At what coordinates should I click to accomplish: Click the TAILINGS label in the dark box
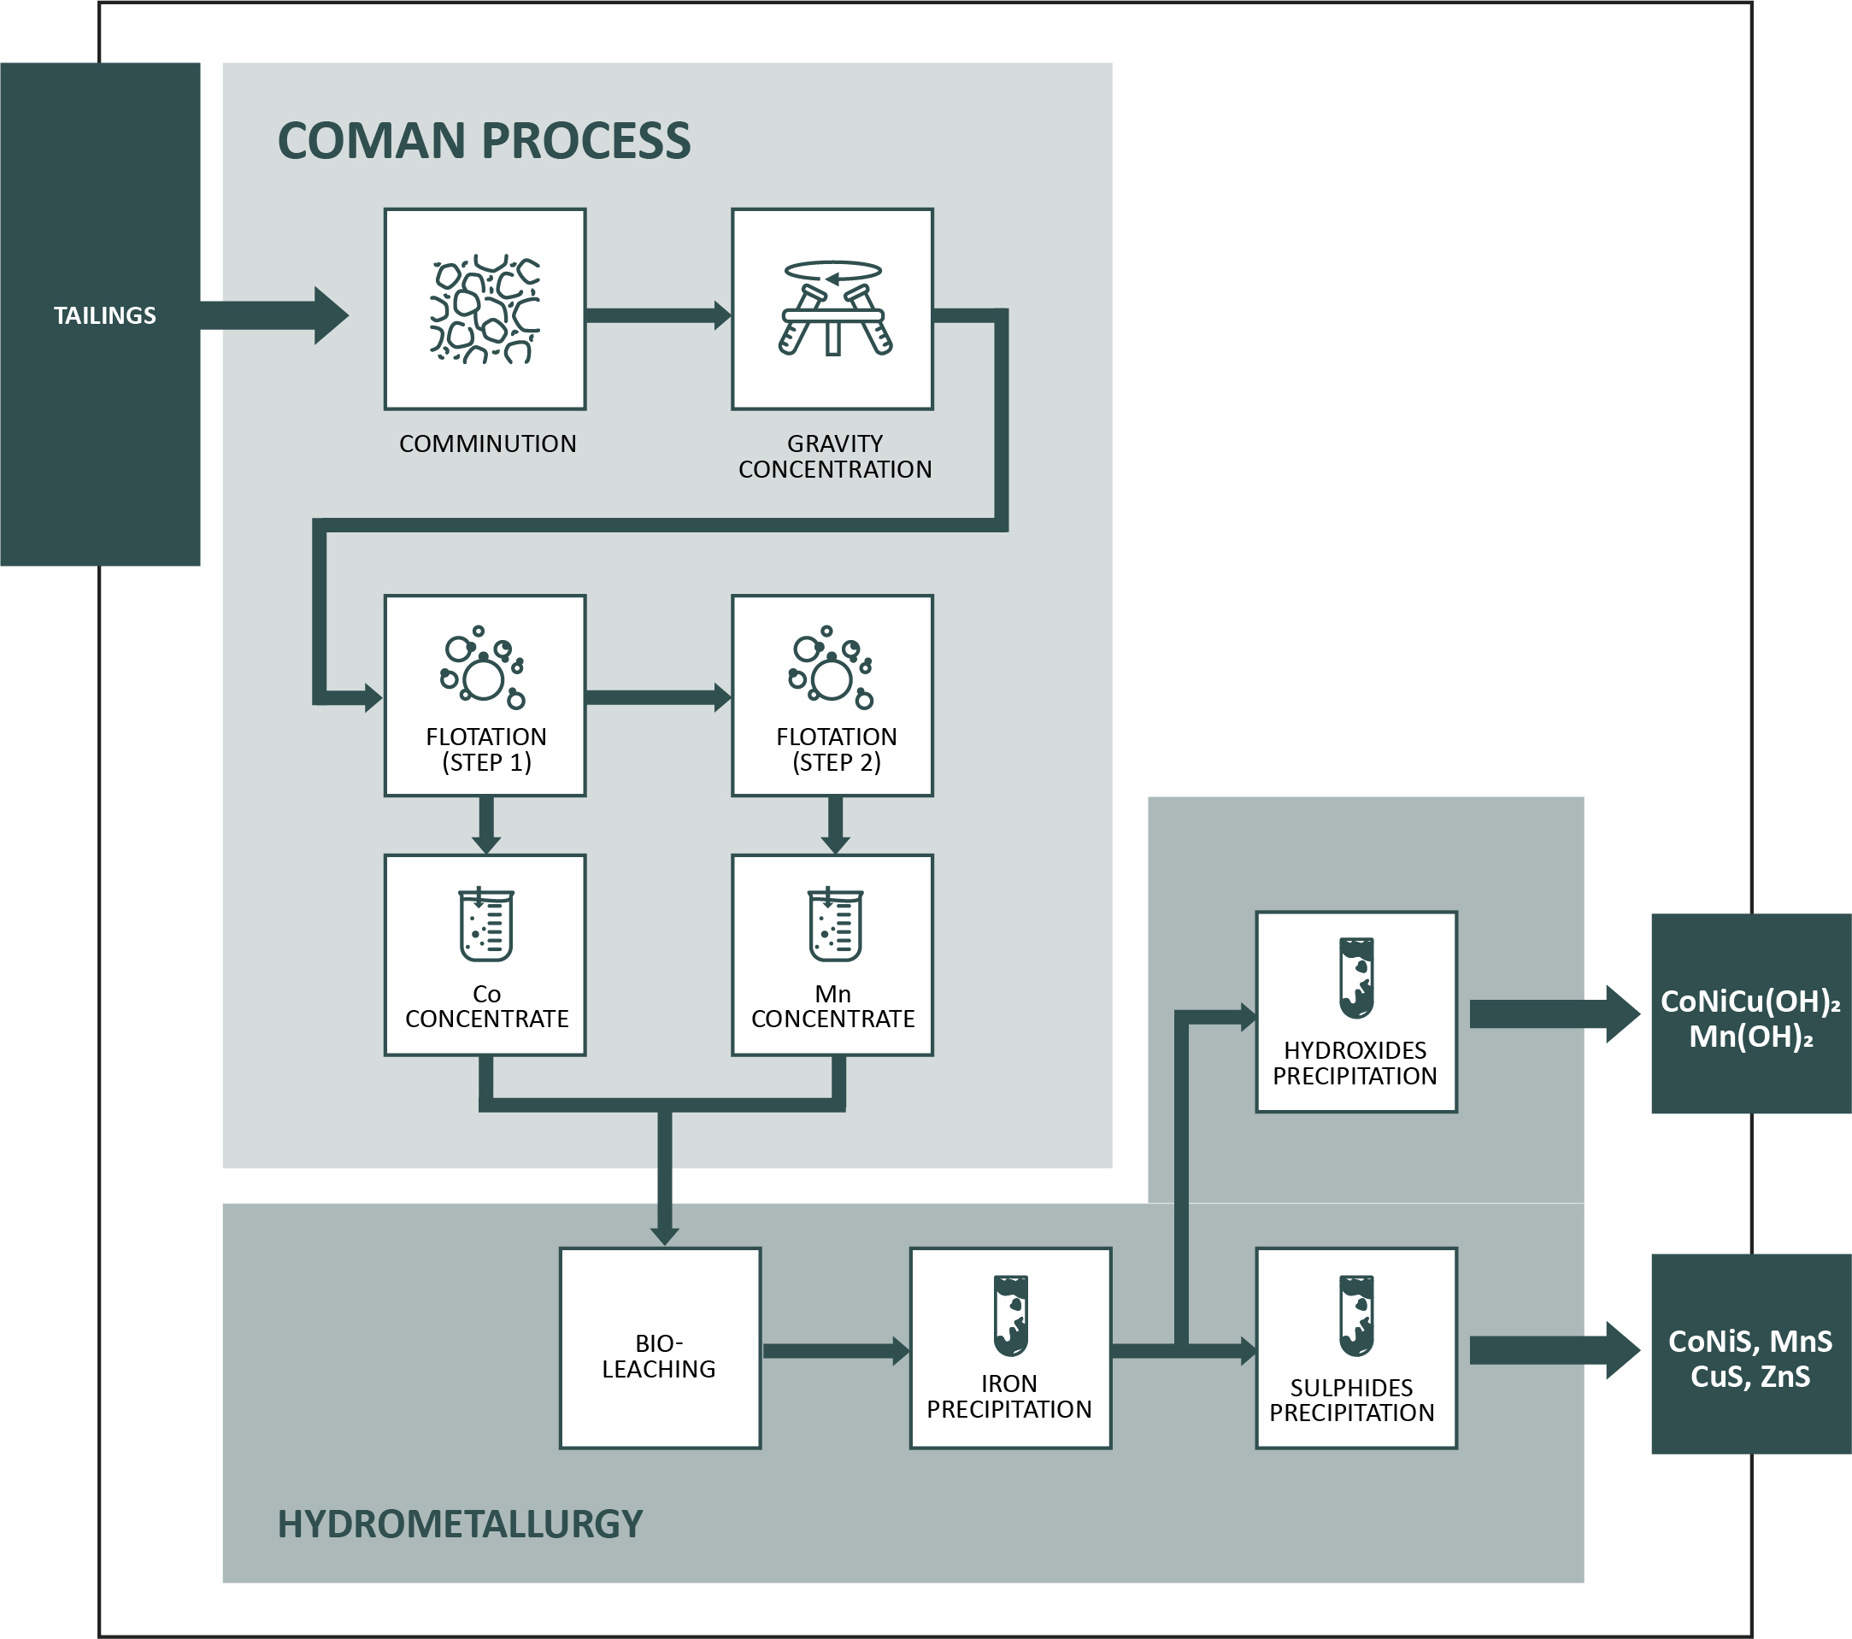(x=104, y=315)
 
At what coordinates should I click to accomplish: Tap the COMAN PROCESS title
(x=484, y=141)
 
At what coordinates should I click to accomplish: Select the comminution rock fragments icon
(x=485, y=309)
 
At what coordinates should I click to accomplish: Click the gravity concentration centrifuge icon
(x=833, y=308)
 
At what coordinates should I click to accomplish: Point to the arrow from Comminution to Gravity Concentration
(x=658, y=315)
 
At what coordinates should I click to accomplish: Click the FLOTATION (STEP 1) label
(x=486, y=749)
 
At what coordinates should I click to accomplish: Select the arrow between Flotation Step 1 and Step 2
(x=658, y=696)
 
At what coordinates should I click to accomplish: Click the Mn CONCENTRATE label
(x=832, y=1007)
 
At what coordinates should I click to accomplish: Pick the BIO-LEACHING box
(x=660, y=1348)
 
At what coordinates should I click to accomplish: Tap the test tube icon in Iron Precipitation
(x=1010, y=1314)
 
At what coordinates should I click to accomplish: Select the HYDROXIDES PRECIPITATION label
(x=1355, y=1063)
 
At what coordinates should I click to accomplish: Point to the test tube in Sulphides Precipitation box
(x=1356, y=1314)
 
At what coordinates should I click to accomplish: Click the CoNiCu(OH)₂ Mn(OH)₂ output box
(x=1750, y=1013)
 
